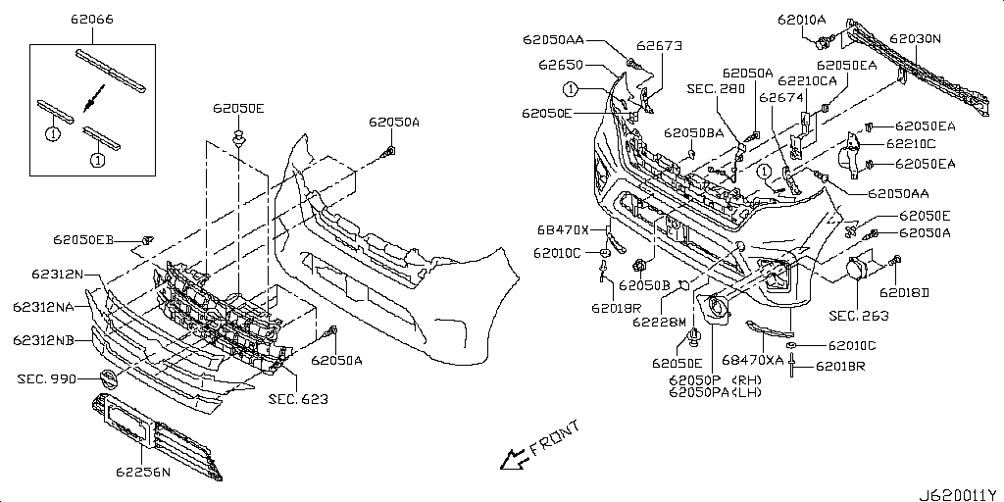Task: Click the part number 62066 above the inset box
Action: click(x=92, y=20)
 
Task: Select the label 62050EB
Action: click(x=83, y=240)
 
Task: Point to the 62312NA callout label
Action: click(x=43, y=307)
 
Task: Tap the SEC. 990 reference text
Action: click(x=47, y=379)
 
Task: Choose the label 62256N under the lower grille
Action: click(x=143, y=473)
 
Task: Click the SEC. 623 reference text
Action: click(x=298, y=400)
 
